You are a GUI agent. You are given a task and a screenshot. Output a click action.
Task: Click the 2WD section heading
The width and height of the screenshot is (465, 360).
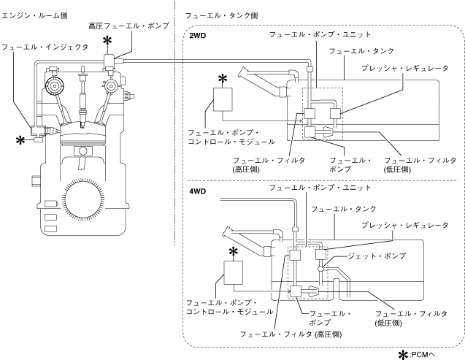click(x=198, y=36)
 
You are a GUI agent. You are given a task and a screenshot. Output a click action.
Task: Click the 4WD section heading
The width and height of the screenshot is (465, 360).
click(x=198, y=191)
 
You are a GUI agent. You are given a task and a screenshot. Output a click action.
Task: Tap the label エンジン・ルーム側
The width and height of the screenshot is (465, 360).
click(x=34, y=15)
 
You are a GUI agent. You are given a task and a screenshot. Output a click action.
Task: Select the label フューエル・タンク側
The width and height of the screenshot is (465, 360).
click(x=221, y=15)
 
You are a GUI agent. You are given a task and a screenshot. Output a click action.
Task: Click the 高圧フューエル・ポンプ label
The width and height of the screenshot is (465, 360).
click(x=128, y=26)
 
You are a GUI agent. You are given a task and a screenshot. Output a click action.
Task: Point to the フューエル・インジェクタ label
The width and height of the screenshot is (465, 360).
click(x=45, y=47)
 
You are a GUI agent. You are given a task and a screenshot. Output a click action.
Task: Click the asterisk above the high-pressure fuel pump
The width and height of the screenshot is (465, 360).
click(x=107, y=41)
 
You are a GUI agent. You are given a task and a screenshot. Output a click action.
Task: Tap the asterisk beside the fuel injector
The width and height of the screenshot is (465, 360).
click(x=20, y=140)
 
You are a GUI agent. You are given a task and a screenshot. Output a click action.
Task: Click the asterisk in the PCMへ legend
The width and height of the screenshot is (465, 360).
click(x=403, y=355)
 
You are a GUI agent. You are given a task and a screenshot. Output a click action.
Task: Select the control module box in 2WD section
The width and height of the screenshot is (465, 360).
click(x=223, y=99)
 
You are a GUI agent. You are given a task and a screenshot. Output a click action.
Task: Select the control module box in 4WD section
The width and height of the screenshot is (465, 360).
click(x=233, y=272)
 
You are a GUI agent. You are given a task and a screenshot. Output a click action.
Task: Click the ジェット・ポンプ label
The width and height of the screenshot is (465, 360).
click(x=377, y=256)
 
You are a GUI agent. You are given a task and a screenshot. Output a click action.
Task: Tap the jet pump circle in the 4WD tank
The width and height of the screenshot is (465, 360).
click(x=320, y=269)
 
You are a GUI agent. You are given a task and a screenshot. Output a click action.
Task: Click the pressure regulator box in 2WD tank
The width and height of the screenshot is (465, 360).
click(x=336, y=114)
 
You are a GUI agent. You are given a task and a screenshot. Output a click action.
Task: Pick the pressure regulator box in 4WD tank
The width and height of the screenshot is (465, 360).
click(x=320, y=255)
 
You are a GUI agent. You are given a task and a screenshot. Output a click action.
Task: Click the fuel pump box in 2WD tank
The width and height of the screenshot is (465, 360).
click(x=310, y=132)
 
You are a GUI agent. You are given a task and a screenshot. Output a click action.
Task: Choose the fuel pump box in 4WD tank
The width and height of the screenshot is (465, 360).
click(x=296, y=291)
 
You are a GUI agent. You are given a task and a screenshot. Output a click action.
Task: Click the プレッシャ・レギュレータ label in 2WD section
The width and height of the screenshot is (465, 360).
click(x=405, y=68)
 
